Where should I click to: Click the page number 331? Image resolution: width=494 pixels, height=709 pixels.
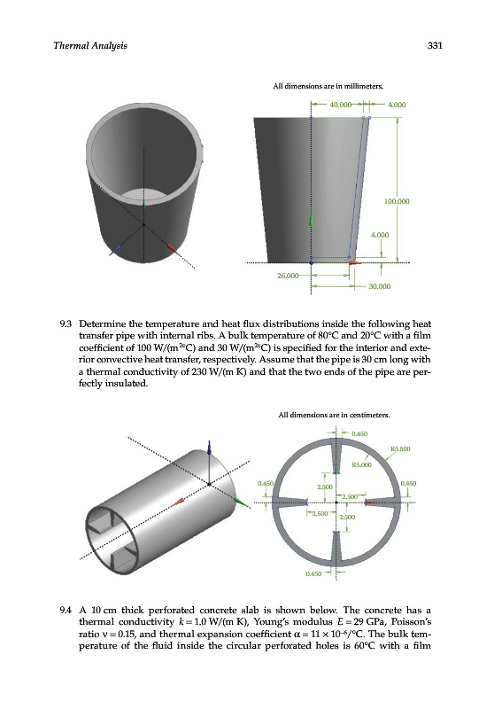point(435,45)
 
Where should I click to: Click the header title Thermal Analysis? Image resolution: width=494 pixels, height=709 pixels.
point(90,46)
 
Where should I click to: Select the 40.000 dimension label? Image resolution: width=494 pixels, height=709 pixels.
point(341,105)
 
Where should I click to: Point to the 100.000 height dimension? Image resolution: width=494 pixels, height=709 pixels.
point(397,201)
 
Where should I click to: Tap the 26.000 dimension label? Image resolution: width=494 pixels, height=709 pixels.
point(288,276)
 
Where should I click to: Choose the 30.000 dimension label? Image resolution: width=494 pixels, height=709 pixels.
point(380,286)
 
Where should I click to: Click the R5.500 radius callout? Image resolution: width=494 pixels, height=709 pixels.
point(400,449)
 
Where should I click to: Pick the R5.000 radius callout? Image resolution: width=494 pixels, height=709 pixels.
point(362,464)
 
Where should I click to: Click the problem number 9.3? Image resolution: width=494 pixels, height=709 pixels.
point(66,324)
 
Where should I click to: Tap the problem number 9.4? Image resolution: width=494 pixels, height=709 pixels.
point(66,611)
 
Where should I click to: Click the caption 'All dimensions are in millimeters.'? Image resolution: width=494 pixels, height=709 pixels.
point(328,86)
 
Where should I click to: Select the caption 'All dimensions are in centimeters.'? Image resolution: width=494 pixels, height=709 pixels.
point(334,415)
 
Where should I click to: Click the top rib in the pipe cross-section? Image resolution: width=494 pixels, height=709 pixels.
point(336,457)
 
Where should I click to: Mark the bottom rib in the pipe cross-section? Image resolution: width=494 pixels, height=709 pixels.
point(336,547)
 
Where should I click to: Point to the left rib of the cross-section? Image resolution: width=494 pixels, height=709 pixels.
point(290,503)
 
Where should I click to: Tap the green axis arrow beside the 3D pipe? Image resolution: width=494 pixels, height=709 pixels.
point(242,502)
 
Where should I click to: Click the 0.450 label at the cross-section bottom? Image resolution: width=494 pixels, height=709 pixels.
point(313,573)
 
